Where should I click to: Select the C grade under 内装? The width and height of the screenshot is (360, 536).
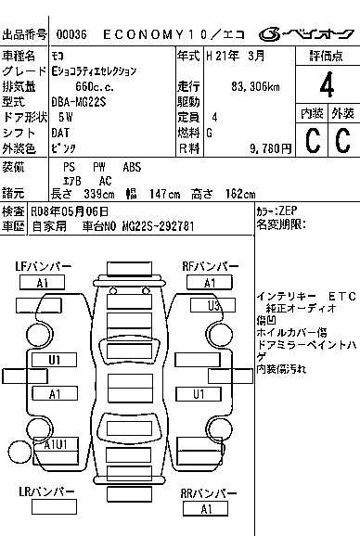[x=311, y=140]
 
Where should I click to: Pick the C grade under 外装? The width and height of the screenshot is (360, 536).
[x=342, y=140]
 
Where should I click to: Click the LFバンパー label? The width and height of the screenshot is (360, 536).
[x=43, y=267]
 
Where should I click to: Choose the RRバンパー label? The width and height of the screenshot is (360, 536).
[x=206, y=493]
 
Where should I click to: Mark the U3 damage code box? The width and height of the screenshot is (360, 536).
[x=213, y=305]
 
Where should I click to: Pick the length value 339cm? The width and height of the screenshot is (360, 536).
[x=96, y=194]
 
